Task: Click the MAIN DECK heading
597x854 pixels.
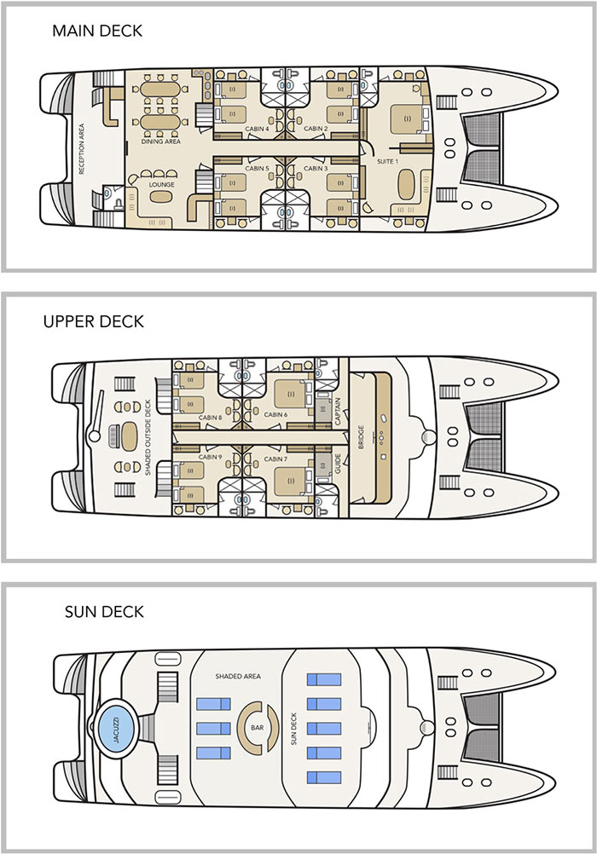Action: tap(96, 32)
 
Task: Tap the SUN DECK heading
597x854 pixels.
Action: tap(104, 612)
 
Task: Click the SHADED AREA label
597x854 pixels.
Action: tap(237, 676)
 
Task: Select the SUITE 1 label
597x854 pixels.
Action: tap(391, 160)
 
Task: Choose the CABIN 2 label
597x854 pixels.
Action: tap(316, 129)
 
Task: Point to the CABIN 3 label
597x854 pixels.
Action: tap(316, 169)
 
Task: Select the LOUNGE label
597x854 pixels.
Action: tap(161, 182)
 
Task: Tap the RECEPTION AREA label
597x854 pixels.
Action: tap(82, 149)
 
